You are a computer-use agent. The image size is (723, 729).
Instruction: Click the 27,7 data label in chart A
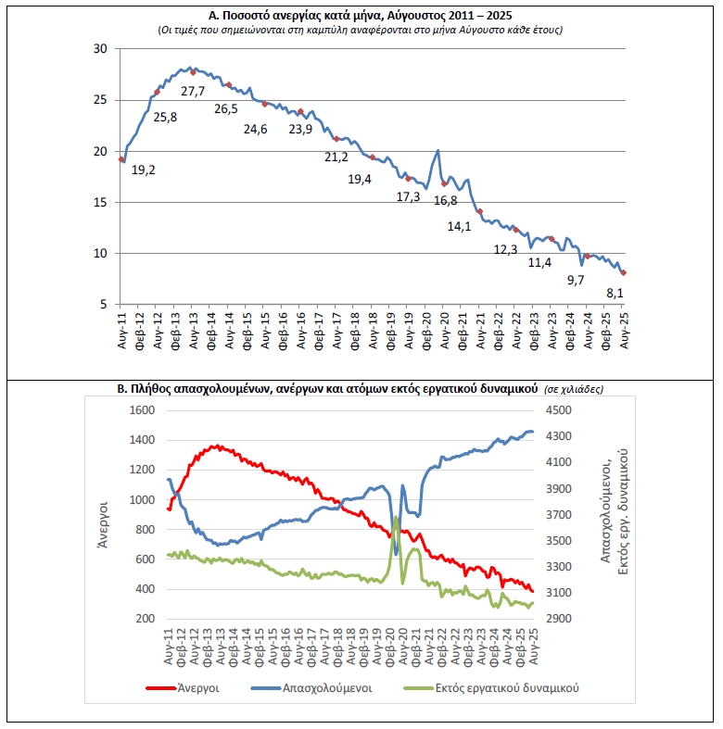193,91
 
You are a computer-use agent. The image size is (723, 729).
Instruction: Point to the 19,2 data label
143,170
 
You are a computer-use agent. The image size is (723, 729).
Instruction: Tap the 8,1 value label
615,294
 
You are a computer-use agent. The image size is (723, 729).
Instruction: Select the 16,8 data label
446,201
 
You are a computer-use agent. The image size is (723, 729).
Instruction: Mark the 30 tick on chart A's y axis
101,49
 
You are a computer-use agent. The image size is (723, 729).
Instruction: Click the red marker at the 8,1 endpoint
623,272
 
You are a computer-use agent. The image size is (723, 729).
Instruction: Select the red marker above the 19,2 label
121,159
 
